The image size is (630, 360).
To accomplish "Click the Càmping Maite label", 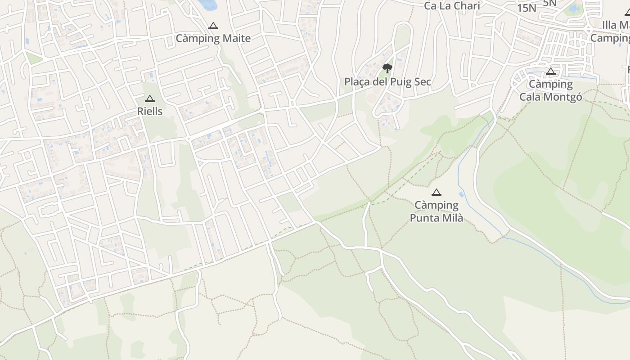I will [213, 39].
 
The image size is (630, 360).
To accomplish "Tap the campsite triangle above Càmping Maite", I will [213, 26].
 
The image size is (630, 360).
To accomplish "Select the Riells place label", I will [150, 111].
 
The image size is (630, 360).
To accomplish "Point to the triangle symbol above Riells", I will [150, 99].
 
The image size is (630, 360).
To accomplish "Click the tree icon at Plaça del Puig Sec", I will [387, 68].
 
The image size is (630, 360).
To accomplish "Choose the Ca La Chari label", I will [452, 6].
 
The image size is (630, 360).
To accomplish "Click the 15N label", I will [526, 8].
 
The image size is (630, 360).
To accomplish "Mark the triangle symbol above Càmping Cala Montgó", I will [551, 71].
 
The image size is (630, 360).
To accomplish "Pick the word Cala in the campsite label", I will [531, 97].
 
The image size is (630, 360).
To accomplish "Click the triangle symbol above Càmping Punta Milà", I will [436, 193].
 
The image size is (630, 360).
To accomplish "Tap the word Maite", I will [236, 39].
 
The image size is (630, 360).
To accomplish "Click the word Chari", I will [468, 6].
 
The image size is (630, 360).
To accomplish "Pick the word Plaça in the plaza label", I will [357, 82].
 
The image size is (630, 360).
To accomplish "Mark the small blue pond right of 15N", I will [574, 9].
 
